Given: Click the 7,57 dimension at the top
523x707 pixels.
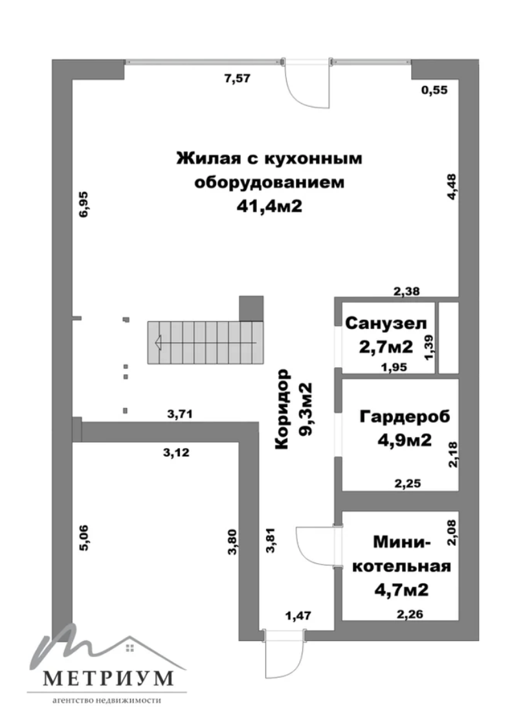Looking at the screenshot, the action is click(237, 78).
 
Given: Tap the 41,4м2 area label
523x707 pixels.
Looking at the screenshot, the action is click(269, 207).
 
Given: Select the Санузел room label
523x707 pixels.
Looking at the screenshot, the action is click(386, 323).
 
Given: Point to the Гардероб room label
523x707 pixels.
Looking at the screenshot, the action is click(405, 417).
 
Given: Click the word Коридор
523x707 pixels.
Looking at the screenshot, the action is click(282, 409).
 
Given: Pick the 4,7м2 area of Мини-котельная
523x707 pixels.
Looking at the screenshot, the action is click(401, 590).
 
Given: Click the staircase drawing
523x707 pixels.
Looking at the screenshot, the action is click(205, 342).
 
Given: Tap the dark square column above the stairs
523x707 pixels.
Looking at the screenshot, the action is click(251, 308).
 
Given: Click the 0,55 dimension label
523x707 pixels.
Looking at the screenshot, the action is click(434, 90).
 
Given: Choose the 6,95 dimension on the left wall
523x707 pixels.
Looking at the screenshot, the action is click(84, 205).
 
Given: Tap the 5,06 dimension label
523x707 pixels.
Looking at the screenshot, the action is click(84, 537).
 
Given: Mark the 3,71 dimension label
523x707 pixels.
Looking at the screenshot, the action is click(180, 414).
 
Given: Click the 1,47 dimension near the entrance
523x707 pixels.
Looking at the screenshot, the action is click(298, 616).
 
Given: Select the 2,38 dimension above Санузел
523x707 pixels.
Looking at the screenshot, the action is click(406, 292).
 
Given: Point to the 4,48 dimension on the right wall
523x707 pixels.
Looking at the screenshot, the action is click(451, 187).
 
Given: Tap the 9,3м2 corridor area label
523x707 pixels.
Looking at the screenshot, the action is click(306, 409).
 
